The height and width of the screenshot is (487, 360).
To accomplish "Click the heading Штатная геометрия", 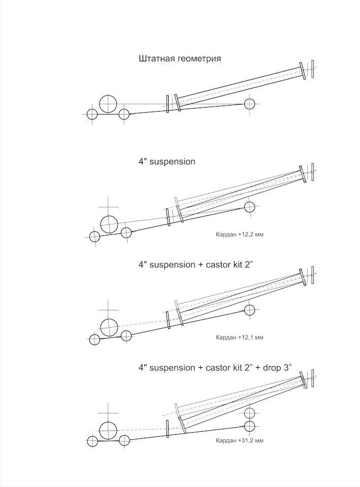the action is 180,59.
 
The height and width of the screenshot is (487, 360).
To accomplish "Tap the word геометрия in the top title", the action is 199,59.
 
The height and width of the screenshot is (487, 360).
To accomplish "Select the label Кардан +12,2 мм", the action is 239,234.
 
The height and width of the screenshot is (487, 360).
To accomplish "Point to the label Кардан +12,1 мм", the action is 239,337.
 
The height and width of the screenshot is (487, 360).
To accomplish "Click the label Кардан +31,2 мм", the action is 239,440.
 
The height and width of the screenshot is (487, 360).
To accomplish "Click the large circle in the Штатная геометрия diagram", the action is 108,103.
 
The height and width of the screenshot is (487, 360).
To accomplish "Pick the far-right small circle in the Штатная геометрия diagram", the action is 249,104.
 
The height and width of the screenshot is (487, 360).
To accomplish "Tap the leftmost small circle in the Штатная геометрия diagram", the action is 92,114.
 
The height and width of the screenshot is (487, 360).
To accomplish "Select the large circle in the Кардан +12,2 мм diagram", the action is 110,225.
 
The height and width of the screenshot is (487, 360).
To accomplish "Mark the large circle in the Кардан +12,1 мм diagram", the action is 110,328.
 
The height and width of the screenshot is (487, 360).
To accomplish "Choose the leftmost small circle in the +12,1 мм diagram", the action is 94,340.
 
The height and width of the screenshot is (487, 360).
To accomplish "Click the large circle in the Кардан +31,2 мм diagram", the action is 108,431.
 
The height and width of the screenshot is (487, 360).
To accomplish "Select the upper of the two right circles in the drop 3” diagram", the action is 249,413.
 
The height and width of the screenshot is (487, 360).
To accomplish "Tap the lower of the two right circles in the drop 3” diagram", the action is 249,427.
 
